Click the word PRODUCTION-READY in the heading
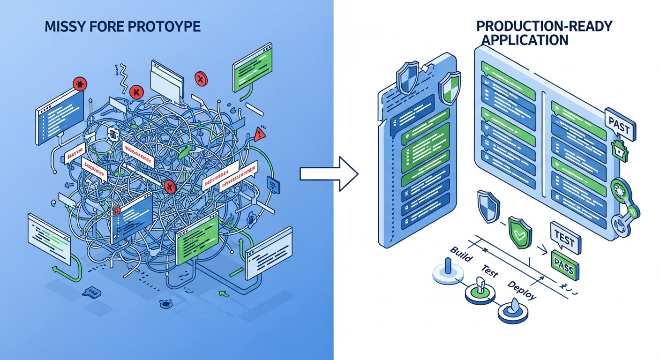544,26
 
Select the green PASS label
565,264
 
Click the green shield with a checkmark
519,231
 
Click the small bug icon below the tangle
165,304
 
